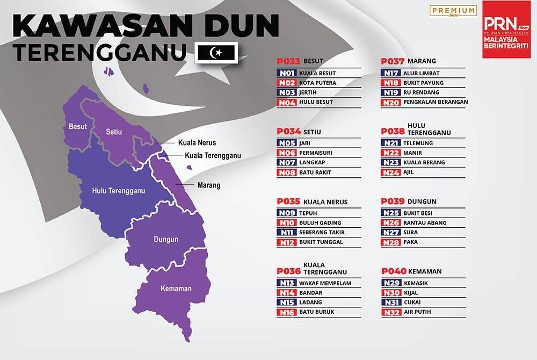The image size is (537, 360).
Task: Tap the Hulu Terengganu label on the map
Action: pos(114,191)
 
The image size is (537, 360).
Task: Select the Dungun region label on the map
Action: pos(166,239)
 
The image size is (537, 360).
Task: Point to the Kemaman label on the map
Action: pos(176,289)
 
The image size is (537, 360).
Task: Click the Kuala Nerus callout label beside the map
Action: pos(197,143)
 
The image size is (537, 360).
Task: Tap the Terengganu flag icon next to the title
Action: pos(217,53)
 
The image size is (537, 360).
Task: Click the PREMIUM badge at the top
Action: pos(454,10)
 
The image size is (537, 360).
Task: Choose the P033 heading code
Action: pos(288,61)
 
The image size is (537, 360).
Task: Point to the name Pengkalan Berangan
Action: pos(436,102)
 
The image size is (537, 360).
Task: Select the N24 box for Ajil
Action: pos(391,172)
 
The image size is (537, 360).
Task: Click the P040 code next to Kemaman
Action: pos(394,271)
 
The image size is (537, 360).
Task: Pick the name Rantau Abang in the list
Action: pos(425,222)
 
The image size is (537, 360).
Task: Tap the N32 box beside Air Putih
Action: pos(391,312)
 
